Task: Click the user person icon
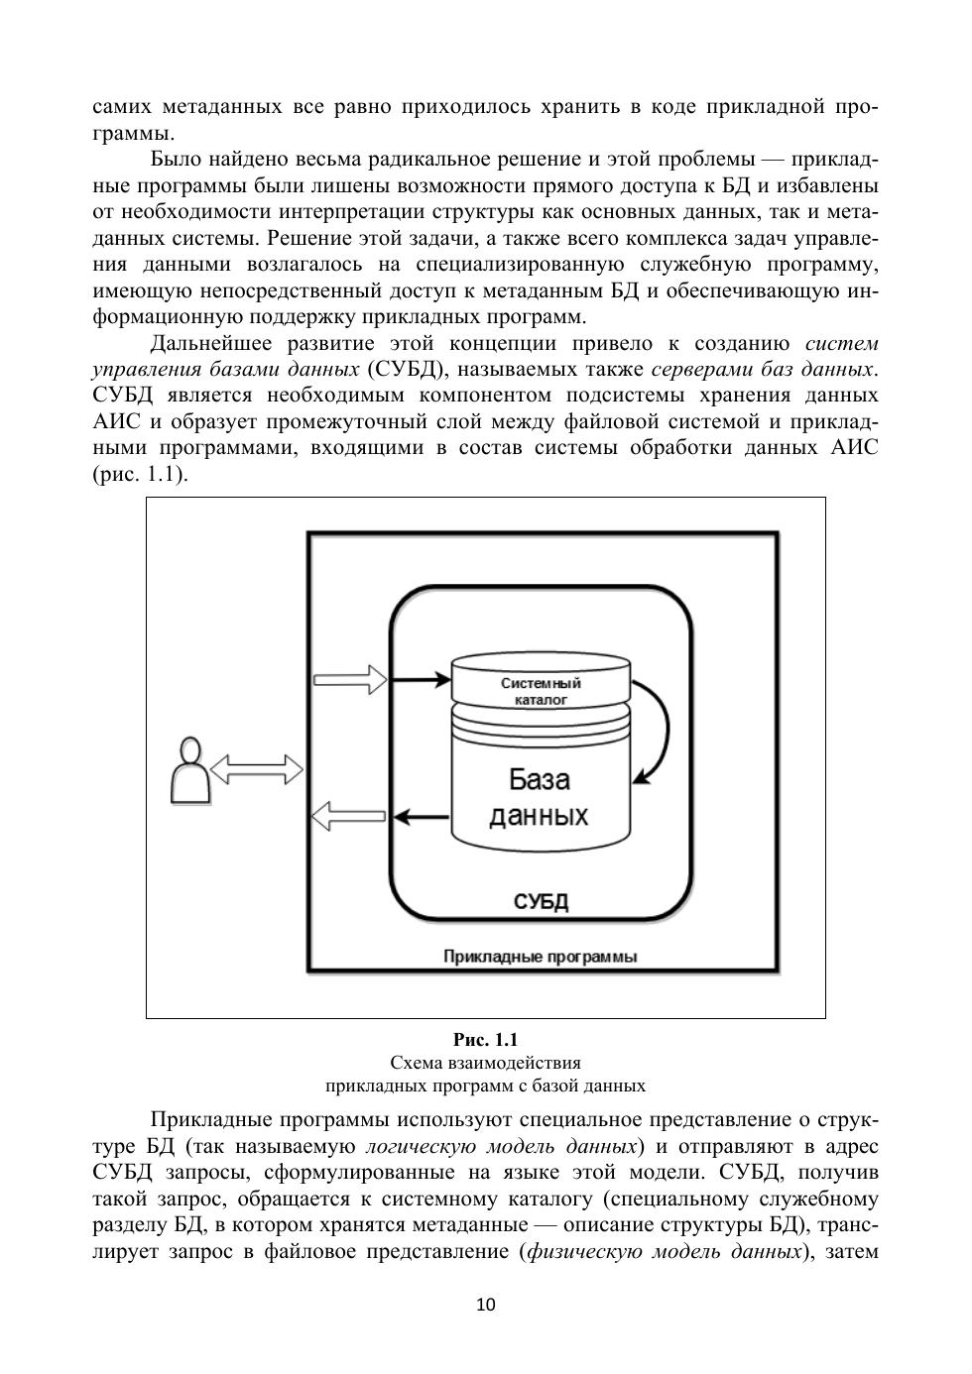[x=189, y=771]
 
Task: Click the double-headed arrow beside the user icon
[x=257, y=768]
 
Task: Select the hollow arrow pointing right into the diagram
[x=349, y=680]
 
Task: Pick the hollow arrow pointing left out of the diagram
[x=348, y=817]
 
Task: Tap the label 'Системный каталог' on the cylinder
[x=541, y=691]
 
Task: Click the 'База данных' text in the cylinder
[x=540, y=797]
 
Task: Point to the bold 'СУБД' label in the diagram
[x=541, y=901]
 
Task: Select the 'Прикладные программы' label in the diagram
[x=540, y=957]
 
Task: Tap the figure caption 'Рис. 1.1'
[x=486, y=1040]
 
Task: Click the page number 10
[x=486, y=1305]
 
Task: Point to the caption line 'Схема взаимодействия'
[x=486, y=1063]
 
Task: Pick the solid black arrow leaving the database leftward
[x=423, y=817]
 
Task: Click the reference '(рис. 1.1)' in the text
[x=140, y=474]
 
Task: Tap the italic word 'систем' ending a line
[x=841, y=344]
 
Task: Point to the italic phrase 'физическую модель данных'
[x=663, y=1250]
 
